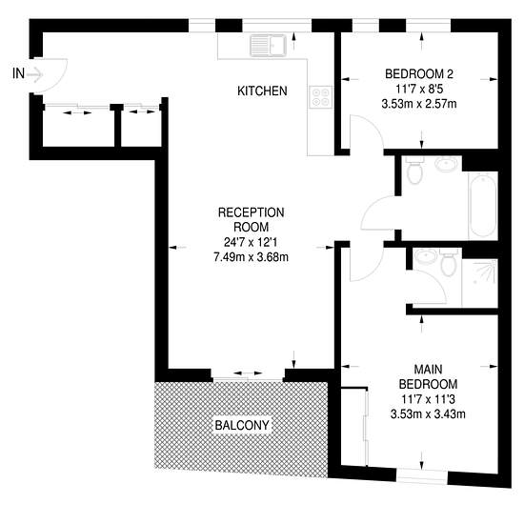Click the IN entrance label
[x=18, y=73]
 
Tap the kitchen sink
[x=269, y=45]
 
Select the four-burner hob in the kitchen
[x=320, y=97]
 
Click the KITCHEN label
[x=262, y=91]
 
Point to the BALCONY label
[x=242, y=425]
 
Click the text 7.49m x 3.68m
[x=251, y=257]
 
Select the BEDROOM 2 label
[x=419, y=74]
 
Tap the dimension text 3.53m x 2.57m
[x=419, y=104]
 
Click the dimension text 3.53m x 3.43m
[x=428, y=414]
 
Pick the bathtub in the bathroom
[x=483, y=206]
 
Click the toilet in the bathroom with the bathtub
[x=414, y=171]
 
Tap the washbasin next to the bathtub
[x=446, y=164]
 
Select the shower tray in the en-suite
[x=480, y=282]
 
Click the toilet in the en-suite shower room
[x=448, y=262]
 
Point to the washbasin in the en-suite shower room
[x=425, y=256]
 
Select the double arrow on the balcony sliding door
[x=248, y=373]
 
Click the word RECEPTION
[x=251, y=212]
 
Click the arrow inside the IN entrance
[x=34, y=74]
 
